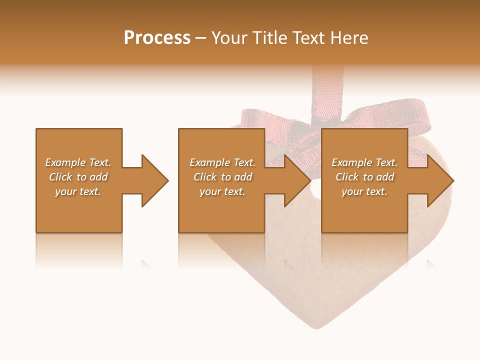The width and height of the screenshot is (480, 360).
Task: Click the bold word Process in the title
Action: pyautogui.click(x=157, y=38)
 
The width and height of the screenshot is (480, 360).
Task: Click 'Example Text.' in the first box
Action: pyautogui.click(x=78, y=162)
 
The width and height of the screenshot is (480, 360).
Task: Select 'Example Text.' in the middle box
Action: pyautogui.click(x=222, y=162)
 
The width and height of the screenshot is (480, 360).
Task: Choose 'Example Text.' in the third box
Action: pyautogui.click(x=364, y=162)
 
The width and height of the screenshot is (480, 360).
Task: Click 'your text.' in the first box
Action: pyautogui.click(x=78, y=191)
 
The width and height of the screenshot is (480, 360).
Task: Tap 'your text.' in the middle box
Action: pyautogui.click(x=222, y=191)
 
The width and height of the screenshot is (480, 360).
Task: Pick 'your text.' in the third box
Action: pyautogui.click(x=364, y=191)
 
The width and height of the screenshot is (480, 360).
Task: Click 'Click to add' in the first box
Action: pyautogui.click(x=78, y=177)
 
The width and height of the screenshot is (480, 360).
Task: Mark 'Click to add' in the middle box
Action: pyautogui.click(x=222, y=177)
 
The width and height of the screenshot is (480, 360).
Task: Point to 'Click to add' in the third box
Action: pyautogui.click(x=364, y=177)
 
